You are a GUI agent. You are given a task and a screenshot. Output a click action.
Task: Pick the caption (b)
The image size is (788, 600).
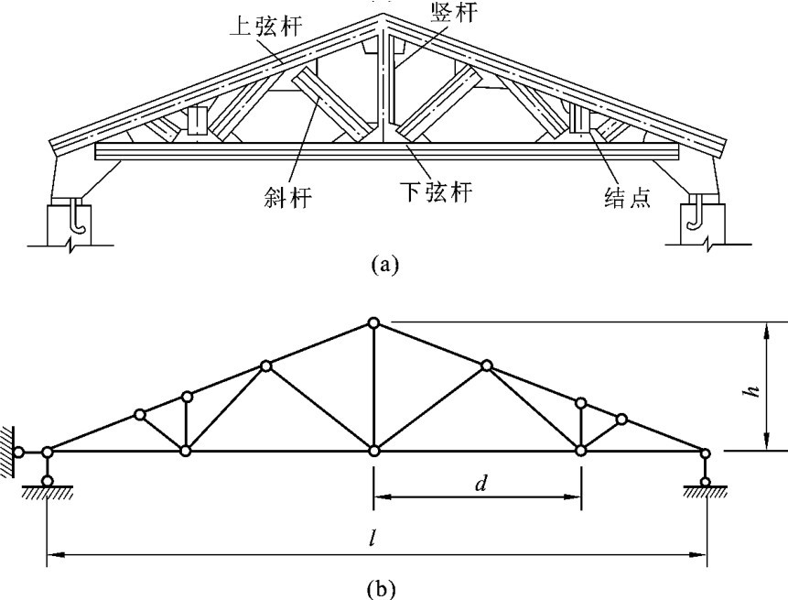(x=383, y=584)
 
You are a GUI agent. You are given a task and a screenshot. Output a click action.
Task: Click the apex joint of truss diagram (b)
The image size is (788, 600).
(x=373, y=322)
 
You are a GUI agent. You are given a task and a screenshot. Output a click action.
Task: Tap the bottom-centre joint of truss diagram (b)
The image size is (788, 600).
(x=373, y=451)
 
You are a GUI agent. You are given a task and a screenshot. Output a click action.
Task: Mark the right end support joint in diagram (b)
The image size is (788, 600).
(x=705, y=452)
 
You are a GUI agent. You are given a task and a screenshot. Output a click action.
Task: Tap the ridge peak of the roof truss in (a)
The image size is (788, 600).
(x=384, y=16)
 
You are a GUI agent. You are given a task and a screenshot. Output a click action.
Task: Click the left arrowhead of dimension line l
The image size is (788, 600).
(x=53, y=553)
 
